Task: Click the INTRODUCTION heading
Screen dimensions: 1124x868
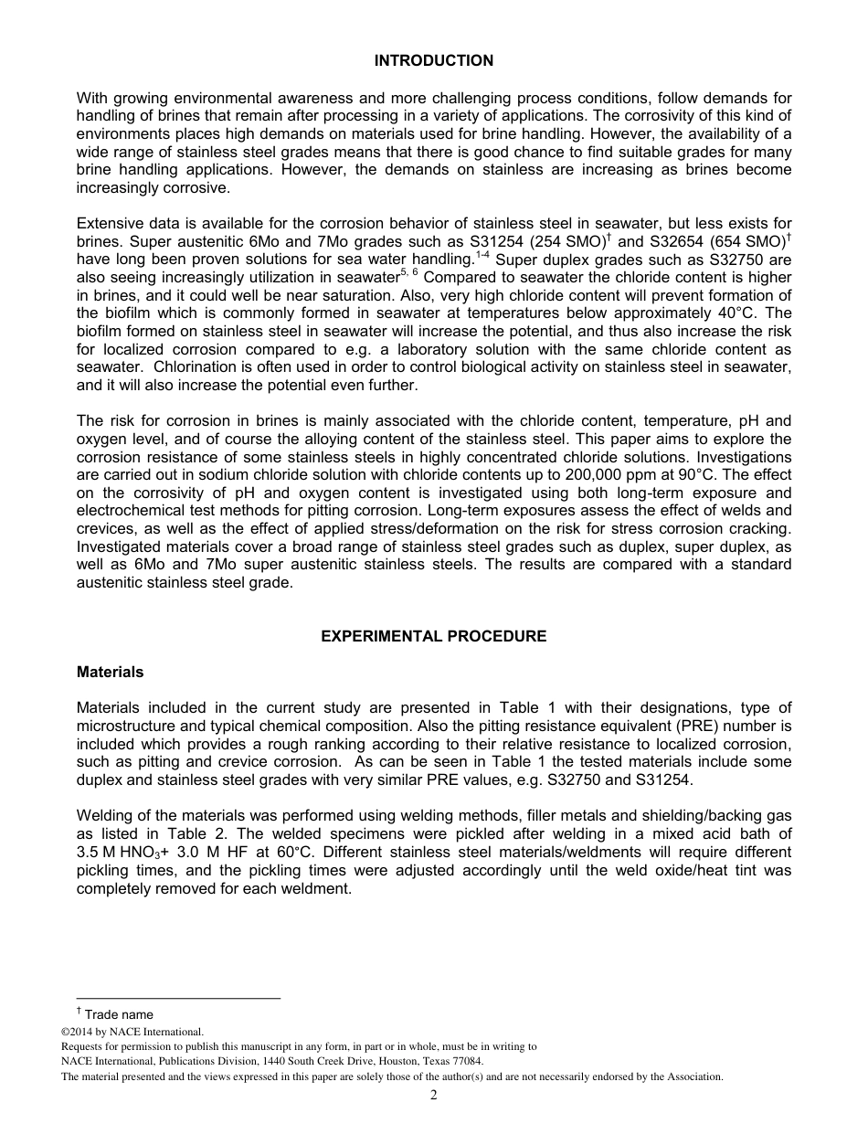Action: click(x=433, y=60)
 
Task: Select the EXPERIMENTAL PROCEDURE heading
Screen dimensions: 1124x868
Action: click(x=433, y=636)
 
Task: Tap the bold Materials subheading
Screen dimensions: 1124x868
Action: click(x=110, y=672)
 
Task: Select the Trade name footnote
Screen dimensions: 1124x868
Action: click(x=119, y=1014)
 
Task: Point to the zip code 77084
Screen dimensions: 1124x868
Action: click(x=466, y=1061)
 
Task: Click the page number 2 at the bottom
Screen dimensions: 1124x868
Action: click(x=433, y=1096)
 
